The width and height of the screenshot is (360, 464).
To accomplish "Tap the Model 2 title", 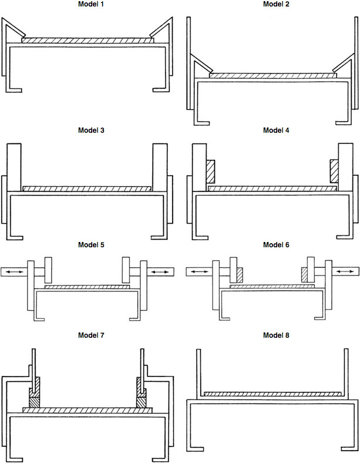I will click(x=273, y=4).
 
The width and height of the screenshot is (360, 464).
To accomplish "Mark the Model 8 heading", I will click(x=273, y=335).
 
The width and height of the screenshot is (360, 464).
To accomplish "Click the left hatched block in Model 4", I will click(x=211, y=172).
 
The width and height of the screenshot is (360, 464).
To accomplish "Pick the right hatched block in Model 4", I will click(x=334, y=172).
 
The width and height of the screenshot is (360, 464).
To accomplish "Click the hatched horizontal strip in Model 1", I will click(x=88, y=41).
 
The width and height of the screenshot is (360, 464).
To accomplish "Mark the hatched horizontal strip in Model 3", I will click(x=88, y=189).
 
